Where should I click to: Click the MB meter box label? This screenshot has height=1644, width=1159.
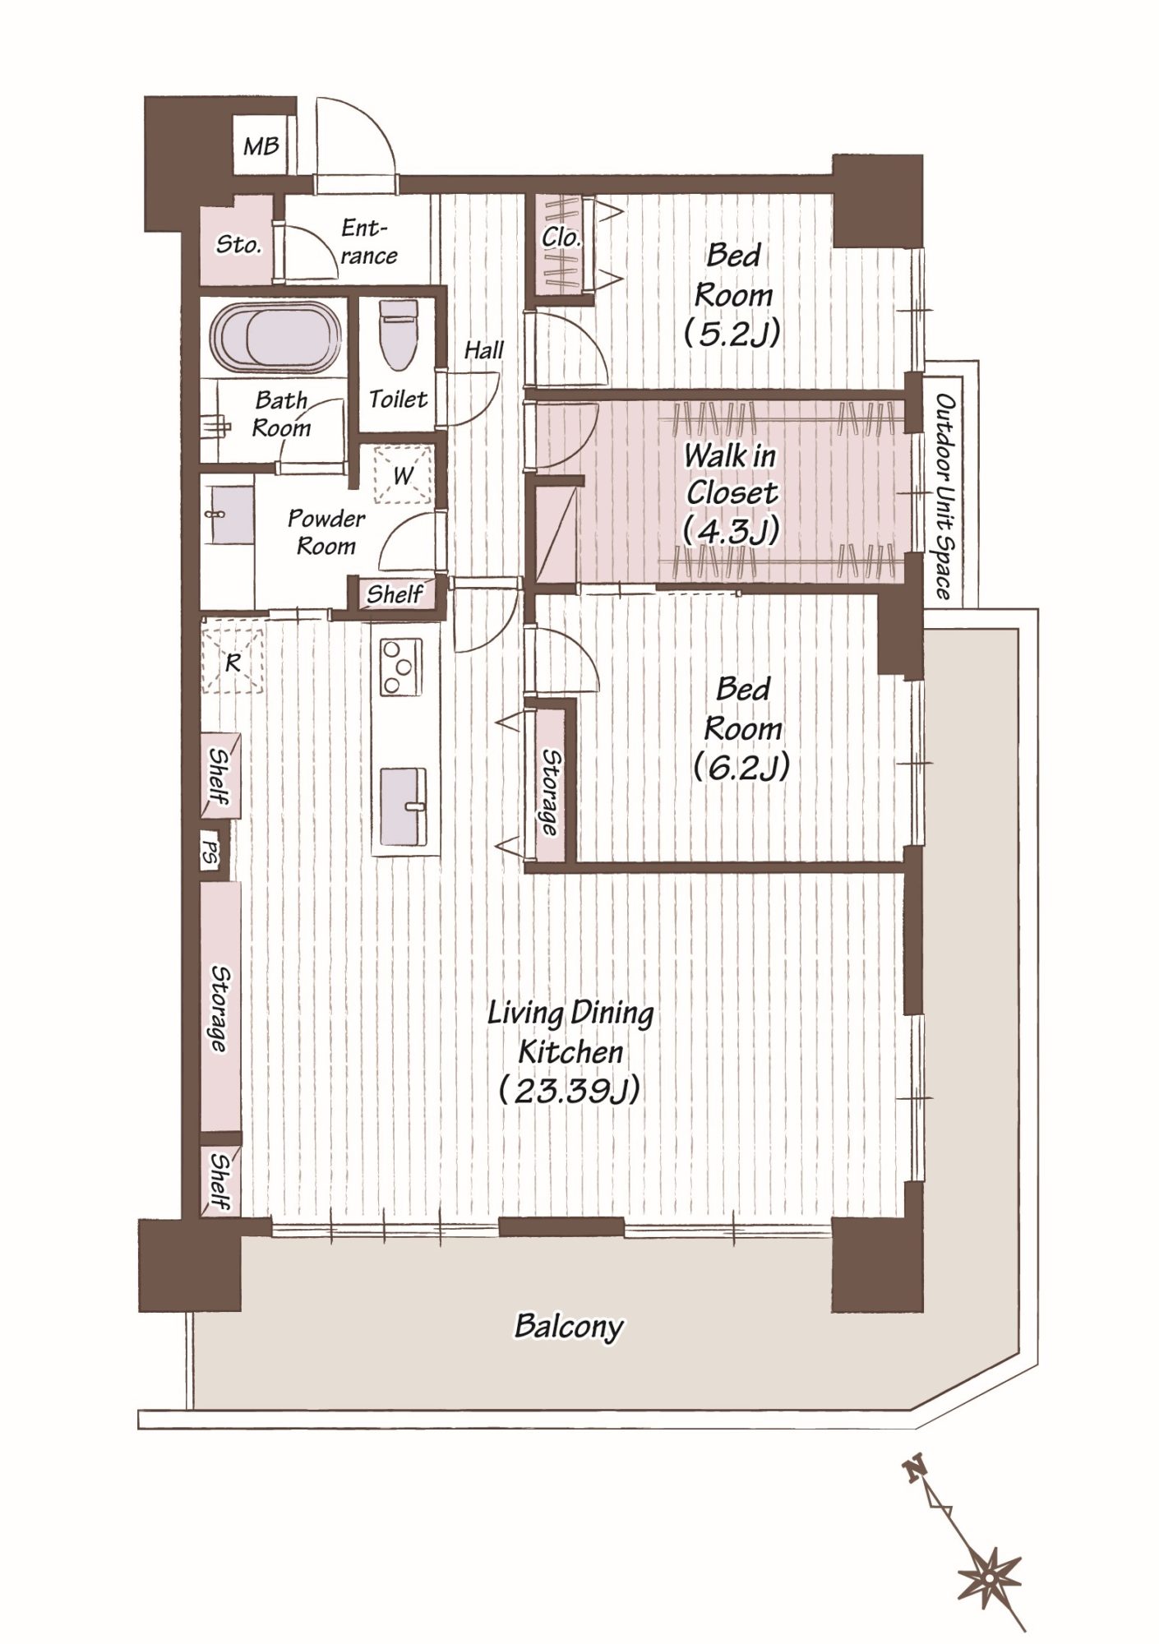(x=261, y=146)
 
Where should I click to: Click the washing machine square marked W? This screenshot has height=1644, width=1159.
(x=403, y=474)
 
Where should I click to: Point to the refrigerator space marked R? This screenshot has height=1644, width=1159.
(x=233, y=662)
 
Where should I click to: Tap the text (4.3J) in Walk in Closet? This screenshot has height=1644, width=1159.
(x=731, y=530)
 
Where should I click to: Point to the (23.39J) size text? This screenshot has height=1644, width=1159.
(x=570, y=1091)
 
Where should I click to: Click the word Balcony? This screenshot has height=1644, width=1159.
(x=569, y=1326)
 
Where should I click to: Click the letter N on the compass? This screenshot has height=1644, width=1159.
(x=912, y=1468)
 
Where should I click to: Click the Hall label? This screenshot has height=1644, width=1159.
(x=483, y=349)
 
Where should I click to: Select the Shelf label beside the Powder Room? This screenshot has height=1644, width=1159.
(x=395, y=593)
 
